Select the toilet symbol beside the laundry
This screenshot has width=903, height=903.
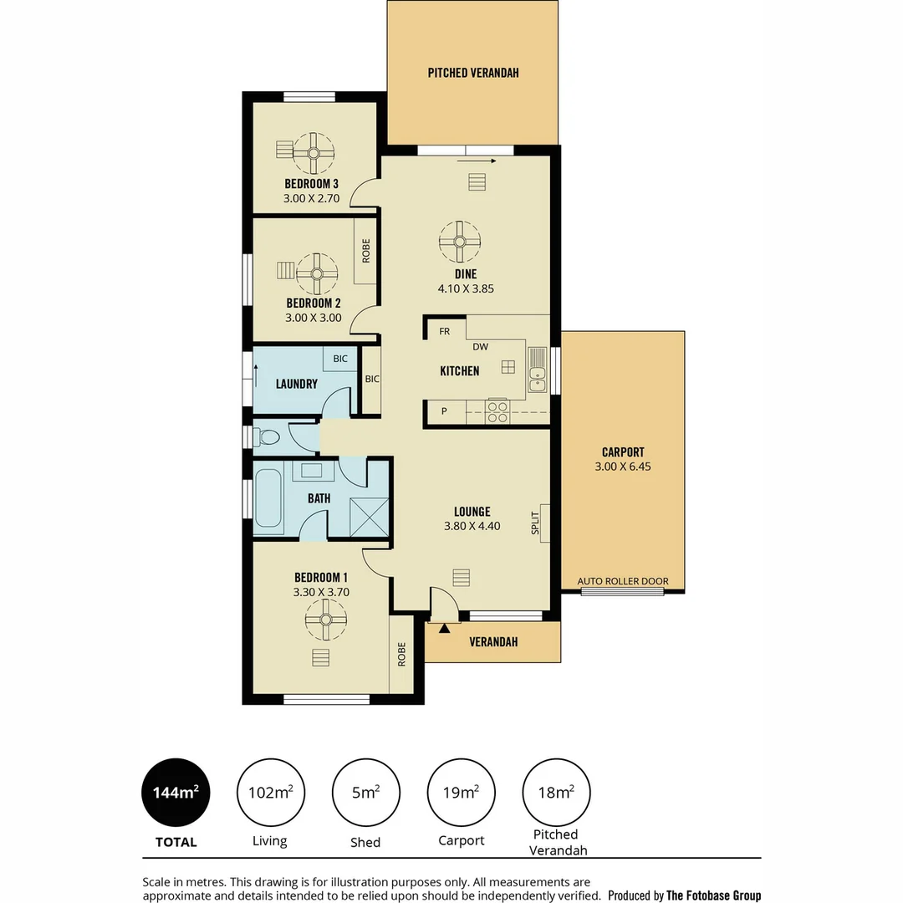(x=268, y=436)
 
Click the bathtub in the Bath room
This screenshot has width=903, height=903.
(x=268, y=498)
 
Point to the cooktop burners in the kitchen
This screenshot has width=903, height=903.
(x=497, y=411)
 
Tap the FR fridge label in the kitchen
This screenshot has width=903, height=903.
(x=445, y=331)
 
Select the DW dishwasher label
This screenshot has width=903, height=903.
(x=480, y=346)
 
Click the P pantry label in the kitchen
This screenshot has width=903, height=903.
(x=444, y=411)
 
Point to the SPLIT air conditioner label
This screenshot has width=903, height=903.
(x=535, y=523)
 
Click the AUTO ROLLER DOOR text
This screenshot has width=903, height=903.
(x=623, y=581)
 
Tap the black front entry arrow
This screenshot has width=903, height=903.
(x=445, y=627)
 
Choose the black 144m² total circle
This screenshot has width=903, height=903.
(x=176, y=792)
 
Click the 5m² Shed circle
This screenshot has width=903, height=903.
(x=365, y=792)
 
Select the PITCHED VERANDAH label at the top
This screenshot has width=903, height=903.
(x=473, y=73)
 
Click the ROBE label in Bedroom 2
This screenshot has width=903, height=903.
(x=366, y=251)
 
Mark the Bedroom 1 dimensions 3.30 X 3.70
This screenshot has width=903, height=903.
(x=321, y=592)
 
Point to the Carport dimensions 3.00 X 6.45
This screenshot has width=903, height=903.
(x=623, y=467)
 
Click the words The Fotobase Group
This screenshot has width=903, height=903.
(x=713, y=895)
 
